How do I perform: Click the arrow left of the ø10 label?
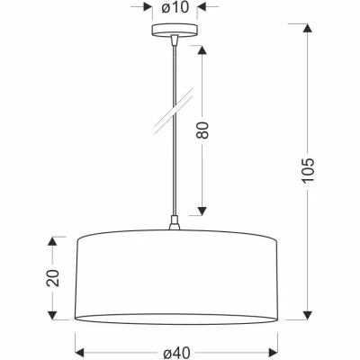[x=145, y=8]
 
